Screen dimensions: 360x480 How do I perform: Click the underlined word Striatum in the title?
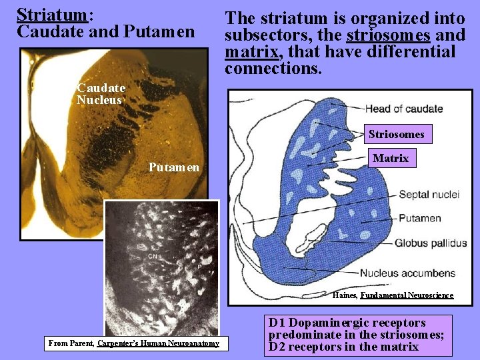coord(51,14)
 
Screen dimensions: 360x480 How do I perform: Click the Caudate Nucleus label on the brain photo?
coord(101,94)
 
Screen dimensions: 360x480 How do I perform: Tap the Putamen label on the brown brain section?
coord(173,167)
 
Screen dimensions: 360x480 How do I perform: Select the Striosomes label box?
coord(396,134)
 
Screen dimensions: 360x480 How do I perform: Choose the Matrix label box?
coord(390,158)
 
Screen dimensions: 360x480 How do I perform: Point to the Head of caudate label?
coord(403,109)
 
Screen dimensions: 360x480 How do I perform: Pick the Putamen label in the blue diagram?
coord(419,218)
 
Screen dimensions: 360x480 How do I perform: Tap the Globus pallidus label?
coord(430,243)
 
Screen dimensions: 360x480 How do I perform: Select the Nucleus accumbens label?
coord(407,273)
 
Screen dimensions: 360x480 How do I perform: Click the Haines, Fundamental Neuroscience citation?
coord(393,295)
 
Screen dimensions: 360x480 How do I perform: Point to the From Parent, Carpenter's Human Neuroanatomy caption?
coord(133,343)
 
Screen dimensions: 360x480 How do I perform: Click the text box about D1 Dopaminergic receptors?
coord(357,335)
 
